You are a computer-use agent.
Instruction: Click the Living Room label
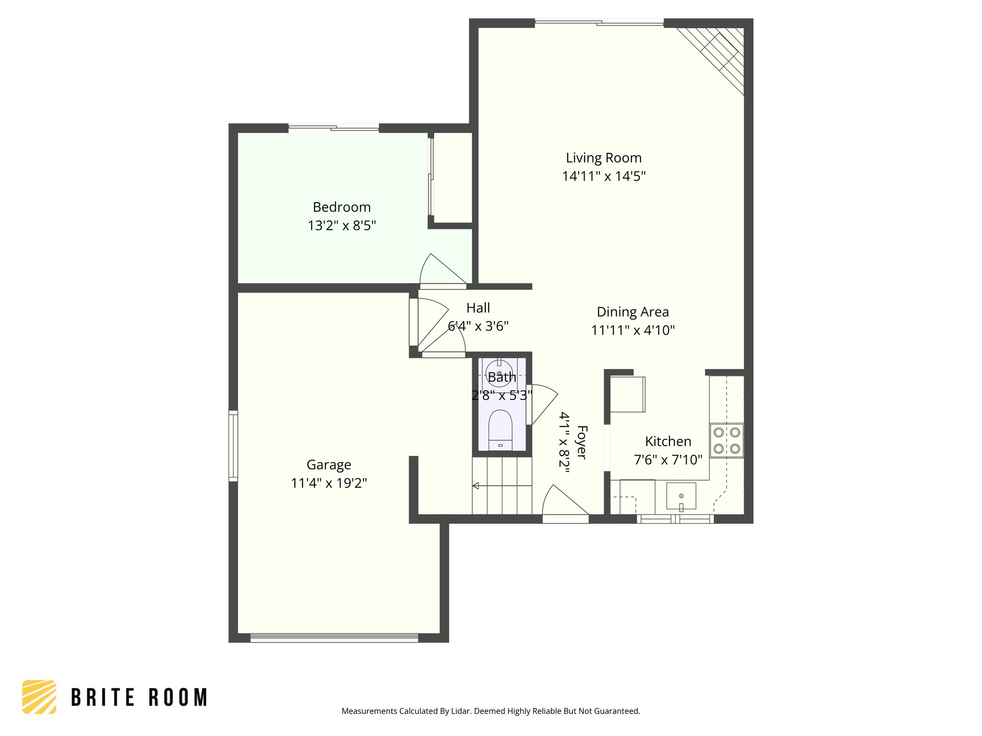click(603, 158)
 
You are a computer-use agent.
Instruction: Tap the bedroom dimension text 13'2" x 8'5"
click(341, 225)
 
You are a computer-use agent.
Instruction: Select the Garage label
click(328, 464)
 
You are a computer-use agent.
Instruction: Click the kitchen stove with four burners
click(726, 440)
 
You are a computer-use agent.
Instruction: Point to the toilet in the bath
click(500, 430)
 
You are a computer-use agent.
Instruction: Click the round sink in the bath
click(499, 373)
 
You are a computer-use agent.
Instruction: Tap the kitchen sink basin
click(681, 496)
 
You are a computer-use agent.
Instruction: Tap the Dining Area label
click(632, 312)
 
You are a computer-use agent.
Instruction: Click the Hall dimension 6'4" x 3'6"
click(478, 326)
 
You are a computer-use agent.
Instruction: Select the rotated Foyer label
click(581, 442)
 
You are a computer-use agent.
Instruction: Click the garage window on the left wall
click(233, 446)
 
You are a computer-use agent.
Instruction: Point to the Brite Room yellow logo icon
click(39, 697)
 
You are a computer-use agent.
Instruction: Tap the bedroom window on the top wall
click(334, 127)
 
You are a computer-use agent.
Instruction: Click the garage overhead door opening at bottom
click(334, 638)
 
